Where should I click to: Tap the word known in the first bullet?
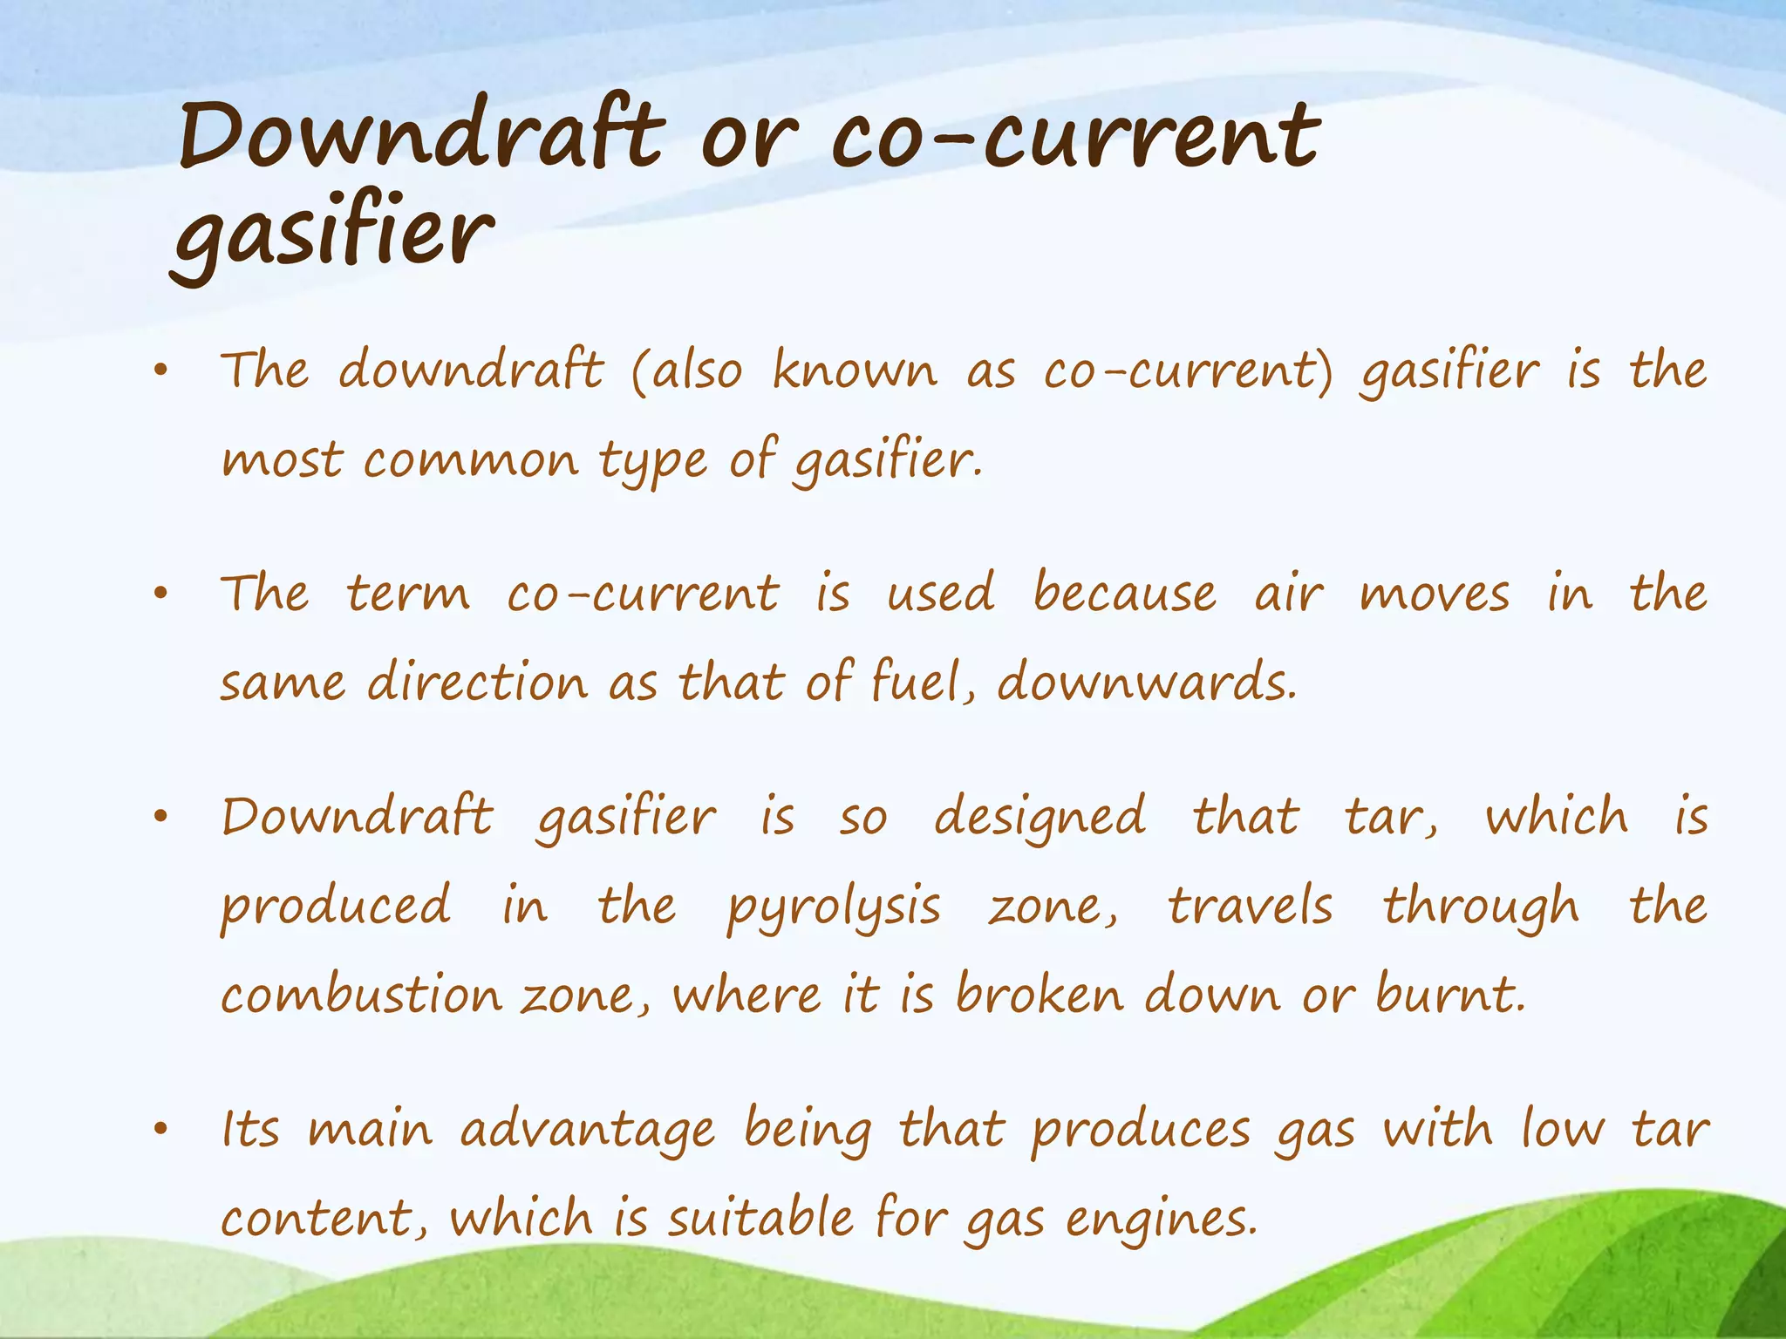pos(855,370)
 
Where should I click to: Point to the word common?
pos(471,460)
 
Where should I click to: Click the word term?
pos(408,594)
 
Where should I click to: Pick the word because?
pos(1124,594)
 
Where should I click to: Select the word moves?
pos(1435,595)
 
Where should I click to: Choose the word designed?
pos(1040,818)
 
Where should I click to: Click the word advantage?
pos(588,1131)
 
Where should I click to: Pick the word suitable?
pos(760,1218)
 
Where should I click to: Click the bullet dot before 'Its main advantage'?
pos(160,1131)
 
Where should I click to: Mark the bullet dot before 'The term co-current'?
pos(160,595)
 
